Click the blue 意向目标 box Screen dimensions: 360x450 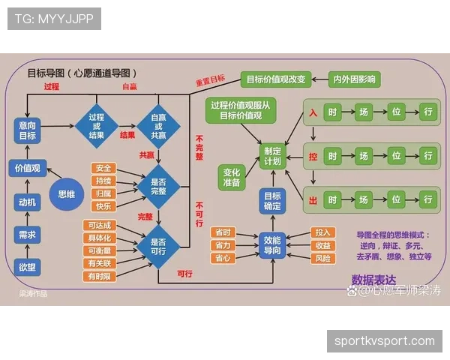[x=28, y=130]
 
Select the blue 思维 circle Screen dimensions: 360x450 [x=67, y=193]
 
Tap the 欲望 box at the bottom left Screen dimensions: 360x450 [x=28, y=266]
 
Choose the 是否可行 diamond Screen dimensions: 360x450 [x=158, y=247]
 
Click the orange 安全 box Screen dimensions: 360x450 [x=103, y=168]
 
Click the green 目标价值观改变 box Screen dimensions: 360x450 [x=275, y=79]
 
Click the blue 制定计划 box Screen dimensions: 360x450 [x=271, y=156]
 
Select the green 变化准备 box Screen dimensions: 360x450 [x=232, y=177]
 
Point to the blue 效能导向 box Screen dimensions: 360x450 [x=271, y=246]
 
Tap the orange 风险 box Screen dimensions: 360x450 [x=323, y=258]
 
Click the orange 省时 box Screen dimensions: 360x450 [x=223, y=232]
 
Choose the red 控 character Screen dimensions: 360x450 [x=312, y=157]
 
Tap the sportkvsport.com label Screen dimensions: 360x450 [x=384, y=341]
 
